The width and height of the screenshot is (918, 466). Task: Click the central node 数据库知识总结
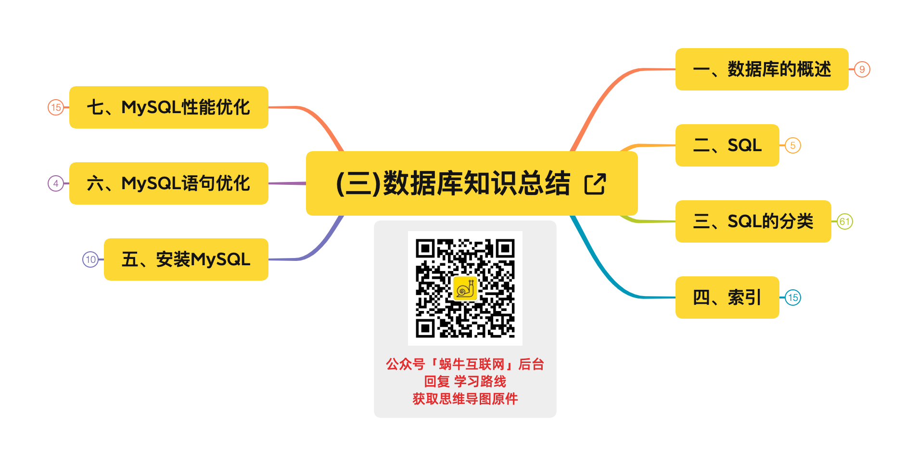(x=452, y=183)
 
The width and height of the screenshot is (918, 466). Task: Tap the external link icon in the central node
(x=595, y=184)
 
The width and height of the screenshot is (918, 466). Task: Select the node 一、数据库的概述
(x=762, y=69)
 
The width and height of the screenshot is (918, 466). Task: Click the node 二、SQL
(x=727, y=145)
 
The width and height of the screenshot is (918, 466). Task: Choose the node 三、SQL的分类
(x=753, y=221)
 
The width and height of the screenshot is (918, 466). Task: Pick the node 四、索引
(x=727, y=298)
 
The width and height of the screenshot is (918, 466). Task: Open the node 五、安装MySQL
(x=186, y=259)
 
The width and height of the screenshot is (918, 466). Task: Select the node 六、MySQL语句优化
(x=169, y=183)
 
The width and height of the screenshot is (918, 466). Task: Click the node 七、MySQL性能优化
(x=169, y=107)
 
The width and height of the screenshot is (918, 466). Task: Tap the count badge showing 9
(x=862, y=69)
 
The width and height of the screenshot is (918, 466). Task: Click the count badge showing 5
(x=793, y=145)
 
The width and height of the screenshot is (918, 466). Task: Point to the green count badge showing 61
(x=845, y=221)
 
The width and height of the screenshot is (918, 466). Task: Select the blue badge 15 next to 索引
(x=793, y=298)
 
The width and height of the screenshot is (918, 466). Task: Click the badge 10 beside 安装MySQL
(x=90, y=259)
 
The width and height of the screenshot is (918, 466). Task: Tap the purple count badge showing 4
(x=56, y=183)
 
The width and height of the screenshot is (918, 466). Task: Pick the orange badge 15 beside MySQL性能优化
(x=56, y=107)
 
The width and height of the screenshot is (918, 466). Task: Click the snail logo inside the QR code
(x=465, y=288)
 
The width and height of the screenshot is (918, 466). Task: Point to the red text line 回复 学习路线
(x=465, y=382)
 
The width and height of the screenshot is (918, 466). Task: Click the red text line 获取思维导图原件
(x=465, y=399)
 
